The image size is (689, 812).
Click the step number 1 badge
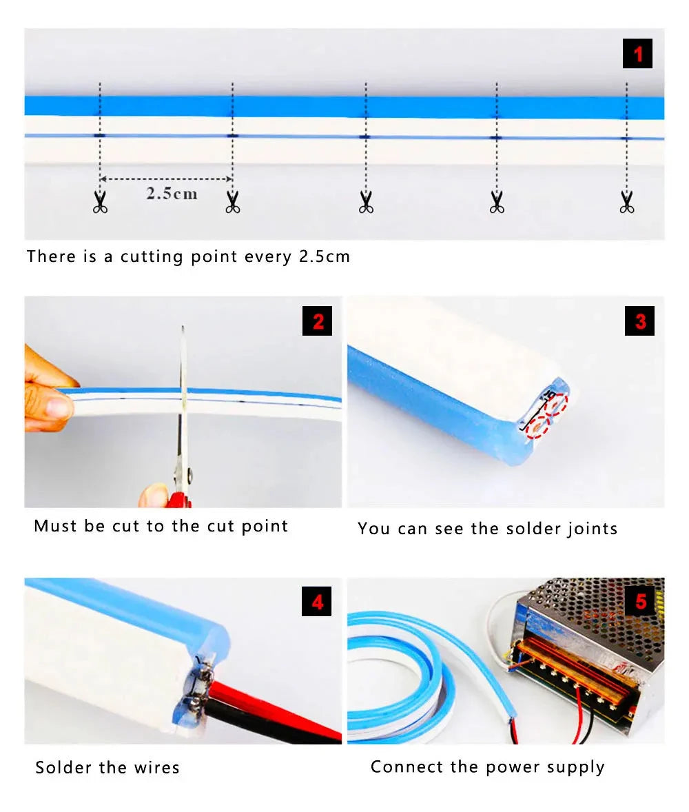(x=637, y=53)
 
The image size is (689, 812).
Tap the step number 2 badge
(x=317, y=321)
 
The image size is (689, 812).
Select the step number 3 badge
(x=639, y=321)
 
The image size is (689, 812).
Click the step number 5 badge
(x=640, y=601)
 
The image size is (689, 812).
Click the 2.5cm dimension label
(x=172, y=194)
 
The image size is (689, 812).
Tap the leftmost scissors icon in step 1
(x=100, y=202)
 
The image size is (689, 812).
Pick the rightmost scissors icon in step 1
(x=626, y=202)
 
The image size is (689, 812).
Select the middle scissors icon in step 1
(x=365, y=202)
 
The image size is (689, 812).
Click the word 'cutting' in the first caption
(x=152, y=257)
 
